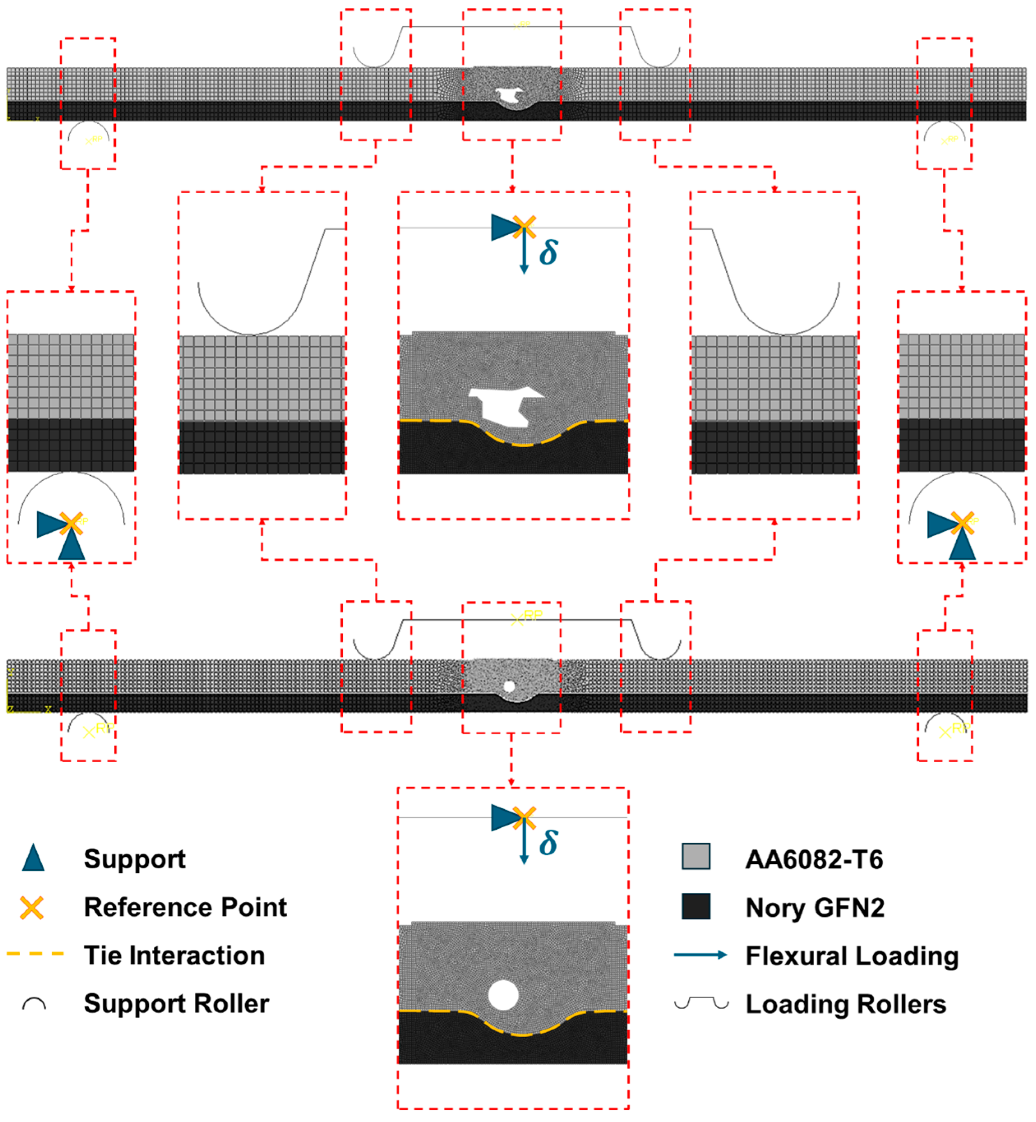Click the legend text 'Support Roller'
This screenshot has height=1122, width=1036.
click(176, 1003)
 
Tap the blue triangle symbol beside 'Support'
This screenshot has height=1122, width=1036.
click(33, 858)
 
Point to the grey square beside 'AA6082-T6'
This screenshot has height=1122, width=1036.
click(696, 856)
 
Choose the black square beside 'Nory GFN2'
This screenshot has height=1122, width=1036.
click(696, 906)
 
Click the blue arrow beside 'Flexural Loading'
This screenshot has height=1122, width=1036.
click(700, 954)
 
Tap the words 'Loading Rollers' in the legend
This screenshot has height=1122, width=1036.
click(845, 1004)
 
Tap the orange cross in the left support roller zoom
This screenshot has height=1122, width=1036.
click(71, 523)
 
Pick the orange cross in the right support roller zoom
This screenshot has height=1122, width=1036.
click(962, 523)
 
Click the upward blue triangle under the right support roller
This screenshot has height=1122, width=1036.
click(962, 546)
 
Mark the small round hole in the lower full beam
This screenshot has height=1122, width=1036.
click(509, 686)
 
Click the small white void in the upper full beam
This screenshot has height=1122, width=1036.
click(510, 96)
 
